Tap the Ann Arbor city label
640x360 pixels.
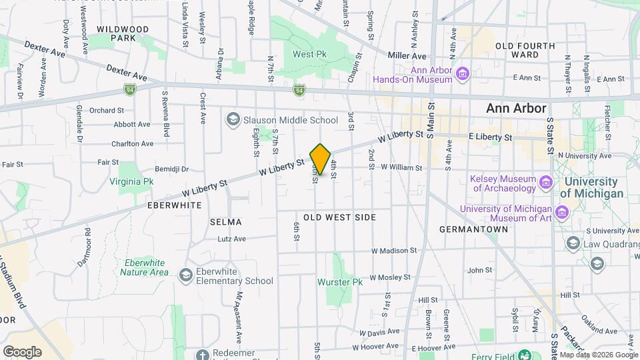coord(516,108)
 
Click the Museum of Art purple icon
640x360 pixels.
coord(562,213)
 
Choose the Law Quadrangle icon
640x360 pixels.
coord(573,243)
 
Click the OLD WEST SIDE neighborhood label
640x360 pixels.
coord(339,217)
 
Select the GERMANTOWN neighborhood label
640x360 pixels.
coord(474,229)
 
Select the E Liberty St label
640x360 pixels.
coord(490,137)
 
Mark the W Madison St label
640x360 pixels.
coord(394,251)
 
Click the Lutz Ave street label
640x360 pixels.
coord(231,239)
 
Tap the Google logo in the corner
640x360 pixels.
coord(22,351)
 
